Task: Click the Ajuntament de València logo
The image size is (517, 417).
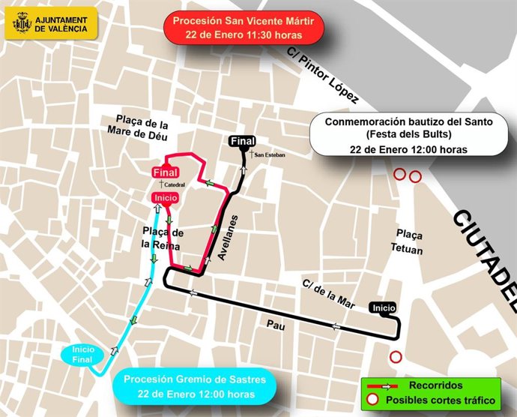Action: (x=51, y=23)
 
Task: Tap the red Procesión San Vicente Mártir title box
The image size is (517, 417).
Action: (x=243, y=28)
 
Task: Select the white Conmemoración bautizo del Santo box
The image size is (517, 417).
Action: (x=408, y=135)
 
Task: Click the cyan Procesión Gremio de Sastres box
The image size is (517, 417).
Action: (x=194, y=386)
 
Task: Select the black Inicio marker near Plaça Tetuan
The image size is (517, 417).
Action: (x=383, y=307)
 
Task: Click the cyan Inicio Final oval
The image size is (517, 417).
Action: (x=82, y=355)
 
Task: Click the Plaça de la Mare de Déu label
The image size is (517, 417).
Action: (x=142, y=130)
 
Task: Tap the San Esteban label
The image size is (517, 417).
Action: (x=270, y=155)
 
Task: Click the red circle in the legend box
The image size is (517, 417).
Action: (x=372, y=400)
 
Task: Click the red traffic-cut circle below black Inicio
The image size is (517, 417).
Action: (x=396, y=357)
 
